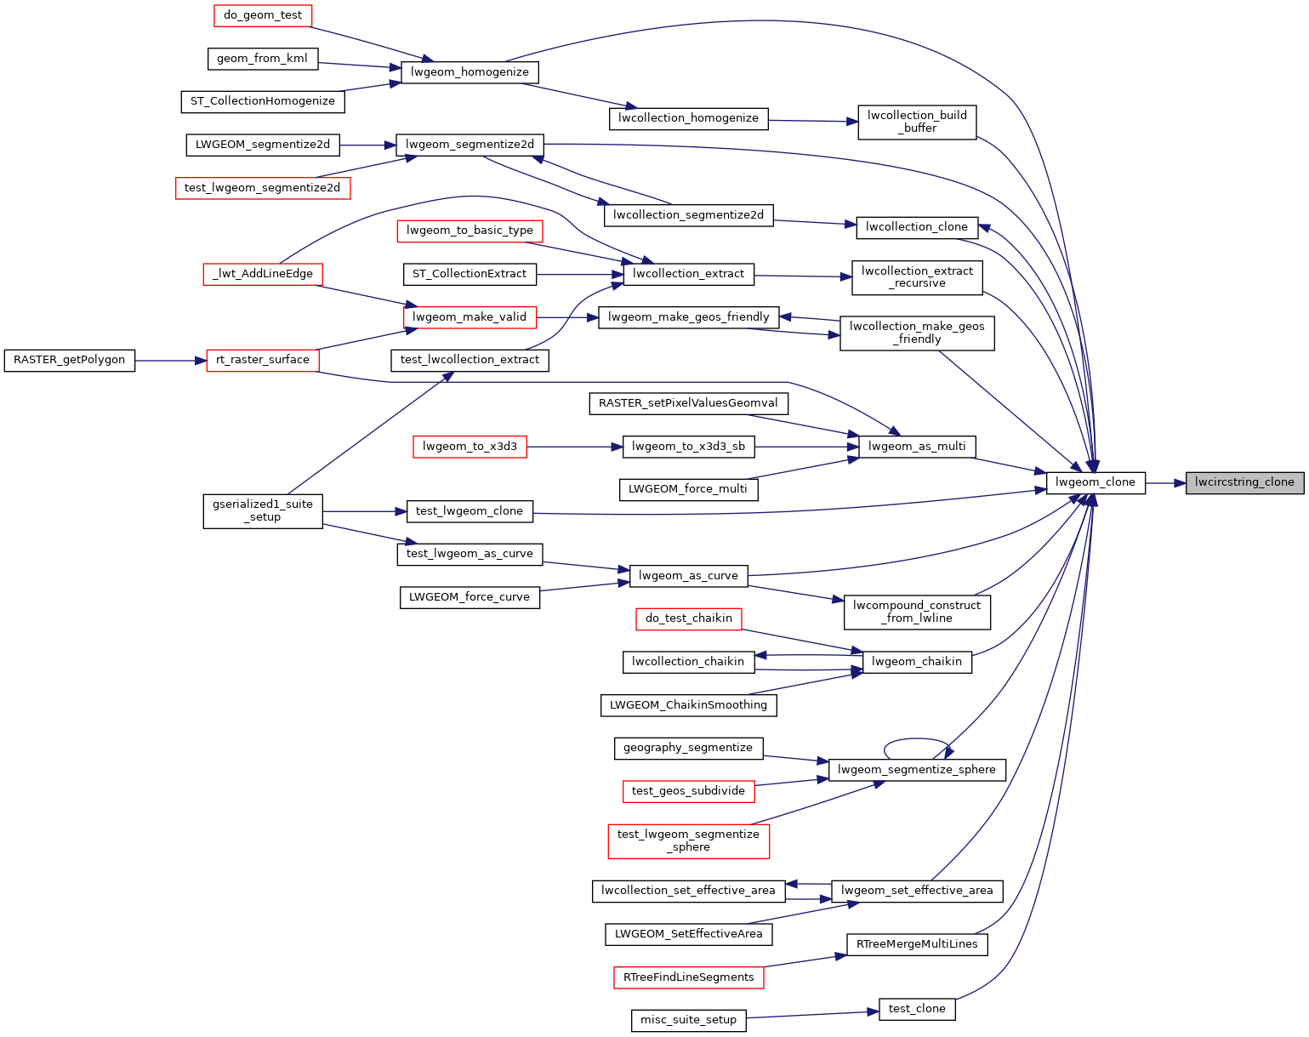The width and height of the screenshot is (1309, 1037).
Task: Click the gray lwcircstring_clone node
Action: pyautogui.click(x=1244, y=482)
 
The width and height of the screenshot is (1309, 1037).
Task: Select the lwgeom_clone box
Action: pyautogui.click(x=1095, y=482)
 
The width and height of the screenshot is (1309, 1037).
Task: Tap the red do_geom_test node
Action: pyautogui.click(x=263, y=15)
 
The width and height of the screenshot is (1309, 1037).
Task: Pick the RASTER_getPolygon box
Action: pyautogui.click(x=70, y=361)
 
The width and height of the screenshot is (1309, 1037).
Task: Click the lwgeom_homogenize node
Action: pyautogui.click(x=470, y=72)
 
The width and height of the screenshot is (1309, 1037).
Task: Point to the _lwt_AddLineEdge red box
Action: pyautogui.click(x=263, y=274)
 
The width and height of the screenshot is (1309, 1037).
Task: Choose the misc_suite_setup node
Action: pyautogui.click(x=688, y=1020)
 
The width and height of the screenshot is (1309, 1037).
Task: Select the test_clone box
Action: pyautogui.click(x=917, y=1009)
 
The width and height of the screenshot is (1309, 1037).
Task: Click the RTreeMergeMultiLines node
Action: pyautogui.click(x=917, y=944)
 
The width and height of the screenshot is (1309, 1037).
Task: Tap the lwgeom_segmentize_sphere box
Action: pyautogui.click(x=917, y=770)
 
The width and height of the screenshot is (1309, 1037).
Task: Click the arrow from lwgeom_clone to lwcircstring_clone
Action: pyautogui.click(x=1165, y=483)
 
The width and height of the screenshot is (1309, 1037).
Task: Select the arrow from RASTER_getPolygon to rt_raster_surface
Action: pyautogui.click(x=171, y=361)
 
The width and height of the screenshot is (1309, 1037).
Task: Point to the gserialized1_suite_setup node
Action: pyautogui.click(x=263, y=511)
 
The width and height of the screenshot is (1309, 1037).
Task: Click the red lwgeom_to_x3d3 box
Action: pyautogui.click(x=470, y=447)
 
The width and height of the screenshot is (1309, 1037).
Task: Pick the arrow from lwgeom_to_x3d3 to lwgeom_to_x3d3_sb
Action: pyautogui.click(x=575, y=447)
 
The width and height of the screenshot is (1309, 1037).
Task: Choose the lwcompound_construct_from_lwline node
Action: pyautogui.click(x=917, y=613)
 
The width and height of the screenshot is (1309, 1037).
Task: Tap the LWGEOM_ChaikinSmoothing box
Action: pyautogui.click(x=688, y=705)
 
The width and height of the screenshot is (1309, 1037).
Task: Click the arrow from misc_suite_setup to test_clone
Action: pyautogui.click(x=812, y=1015)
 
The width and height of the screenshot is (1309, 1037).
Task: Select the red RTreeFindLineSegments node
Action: pyautogui.click(x=688, y=977)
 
